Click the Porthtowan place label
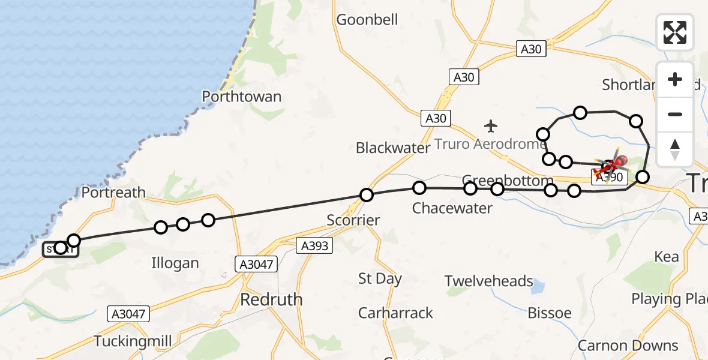pyautogui.click(x=241, y=97)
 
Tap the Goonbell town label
pyautogui.click(x=367, y=20)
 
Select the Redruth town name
pyautogui.click(x=271, y=299)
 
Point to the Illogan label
pyautogui.click(x=175, y=263)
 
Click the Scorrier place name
pyautogui.click(x=353, y=220)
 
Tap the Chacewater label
pyautogui.click(x=452, y=208)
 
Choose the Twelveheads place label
pyautogui.click(x=489, y=281)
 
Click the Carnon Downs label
pyautogui.click(x=628, y=346)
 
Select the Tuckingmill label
pyautogui.click(x=133, y=341)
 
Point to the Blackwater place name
pyautogui.click(x=393, y=148)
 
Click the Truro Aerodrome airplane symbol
pyautogui.click(x=491, y=126)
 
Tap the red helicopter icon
pyautogui.click(x=614, y=164)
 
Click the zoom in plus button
pyautogui.click(x=675, y=79)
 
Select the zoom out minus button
pyautogui.click(x=675, y=114)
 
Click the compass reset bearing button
pyautogui.click(x=675, y=149)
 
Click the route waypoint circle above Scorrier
pyautogui.click(x=367, y=194)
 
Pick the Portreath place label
pyautogui.click(x=113, y=193)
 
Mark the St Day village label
pyautogui.click(x=380, y=279)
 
